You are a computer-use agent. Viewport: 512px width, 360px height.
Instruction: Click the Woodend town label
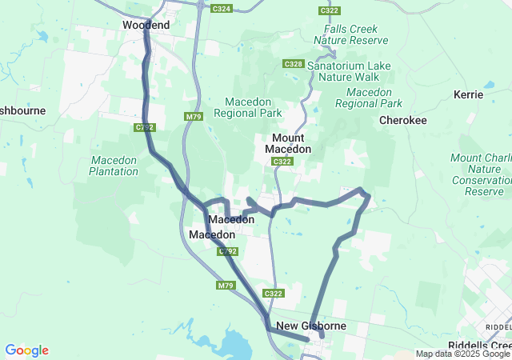pyautogui.click(x=146, y=26)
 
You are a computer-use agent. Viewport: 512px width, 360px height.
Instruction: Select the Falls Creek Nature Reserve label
pyautogui.click(x=346, y=34)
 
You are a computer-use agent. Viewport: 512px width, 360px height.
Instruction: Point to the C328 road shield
pyautogui.click(x=293, y=63)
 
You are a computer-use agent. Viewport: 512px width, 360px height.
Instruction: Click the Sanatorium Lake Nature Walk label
pyautogui.click(x=352, y=72)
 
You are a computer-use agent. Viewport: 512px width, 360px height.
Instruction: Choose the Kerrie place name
pyautogui.click(x=468, y=94)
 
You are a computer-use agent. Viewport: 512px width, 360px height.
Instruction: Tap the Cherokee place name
pyautogui.click(x=402, y=120)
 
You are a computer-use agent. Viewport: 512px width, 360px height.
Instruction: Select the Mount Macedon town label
pyautogui.click(x=281, y=144)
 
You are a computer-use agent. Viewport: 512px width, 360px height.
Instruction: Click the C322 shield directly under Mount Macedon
pyautogui.click(x=281, y=162)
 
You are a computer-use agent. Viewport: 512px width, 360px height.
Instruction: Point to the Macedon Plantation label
pyautogui.click(x=113, y=166)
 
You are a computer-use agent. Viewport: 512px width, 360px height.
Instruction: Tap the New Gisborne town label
pyautogui.click(x=311, y=326)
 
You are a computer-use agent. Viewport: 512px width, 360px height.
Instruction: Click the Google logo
pyautogui.click(x=26, y=350)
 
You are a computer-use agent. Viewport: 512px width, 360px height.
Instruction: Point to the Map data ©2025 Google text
pyautogui.click(x=462, y=354)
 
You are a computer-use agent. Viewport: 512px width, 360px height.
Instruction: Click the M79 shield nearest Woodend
pyautogui.click(x=193, y=117)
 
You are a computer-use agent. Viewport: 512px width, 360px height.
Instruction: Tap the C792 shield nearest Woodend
pyautogui.click(x=144, y=127)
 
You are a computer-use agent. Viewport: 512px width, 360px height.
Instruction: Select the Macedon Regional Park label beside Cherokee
pyautogui.click(x=368, y=98)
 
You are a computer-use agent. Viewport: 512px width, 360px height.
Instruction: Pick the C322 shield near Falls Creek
pyautogui.click(x=328, y=10)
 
